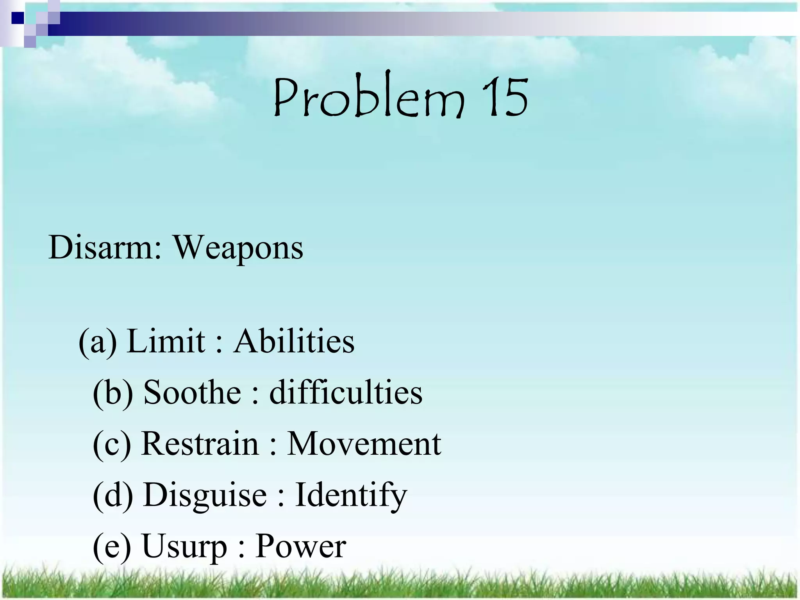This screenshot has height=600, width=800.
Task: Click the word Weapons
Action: point(238,248)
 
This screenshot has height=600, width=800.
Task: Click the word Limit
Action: point(166,341)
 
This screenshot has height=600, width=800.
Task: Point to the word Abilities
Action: point(294,341)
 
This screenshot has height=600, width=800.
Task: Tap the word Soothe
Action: point(192,392)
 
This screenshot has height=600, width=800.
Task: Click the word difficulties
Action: point(346,392)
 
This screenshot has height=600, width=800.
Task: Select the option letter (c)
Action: point(112,444)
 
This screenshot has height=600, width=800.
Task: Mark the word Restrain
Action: point(200,444)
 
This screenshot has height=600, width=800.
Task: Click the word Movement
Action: point(364,444)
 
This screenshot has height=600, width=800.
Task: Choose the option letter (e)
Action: point(112,546)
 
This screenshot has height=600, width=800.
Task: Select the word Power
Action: point(301,546)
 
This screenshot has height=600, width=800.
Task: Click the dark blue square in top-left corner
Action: point(17,18)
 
